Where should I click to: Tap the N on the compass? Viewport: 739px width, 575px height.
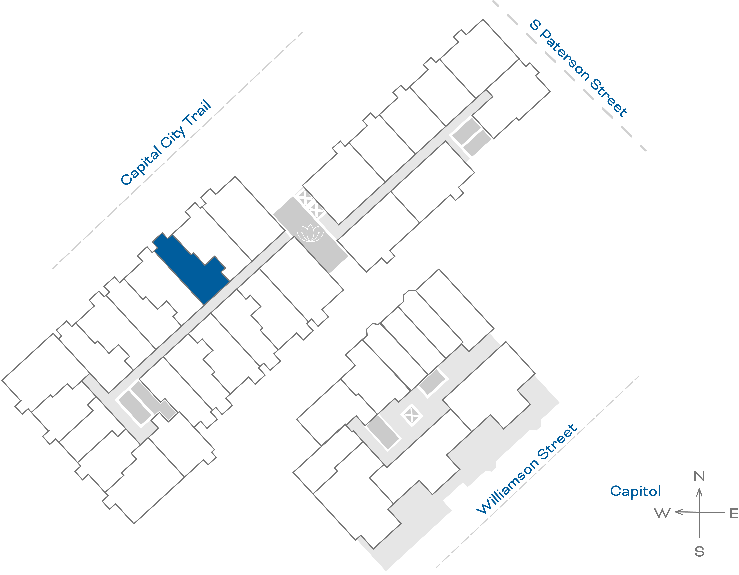click(699, 476)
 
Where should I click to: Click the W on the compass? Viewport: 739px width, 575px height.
click(662, 513)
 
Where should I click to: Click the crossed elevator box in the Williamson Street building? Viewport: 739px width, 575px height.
click(411, 415)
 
